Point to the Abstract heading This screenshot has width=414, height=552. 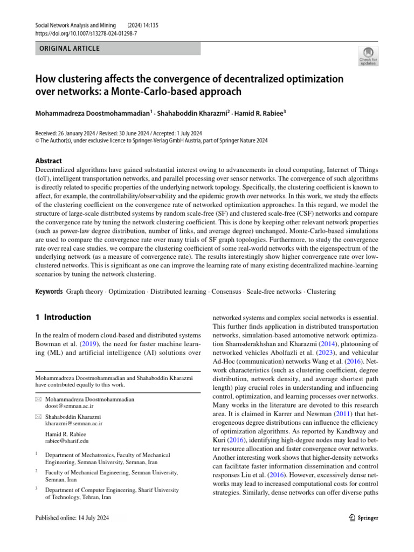coord(49,161)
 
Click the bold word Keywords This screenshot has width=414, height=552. coord(49,292)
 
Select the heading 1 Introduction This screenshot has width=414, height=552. coord(63,318)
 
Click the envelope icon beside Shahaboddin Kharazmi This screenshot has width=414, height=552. coord(38,417)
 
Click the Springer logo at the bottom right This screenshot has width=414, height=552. coord(361,518)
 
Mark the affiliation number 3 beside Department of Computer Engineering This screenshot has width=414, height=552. coord(37,489)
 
